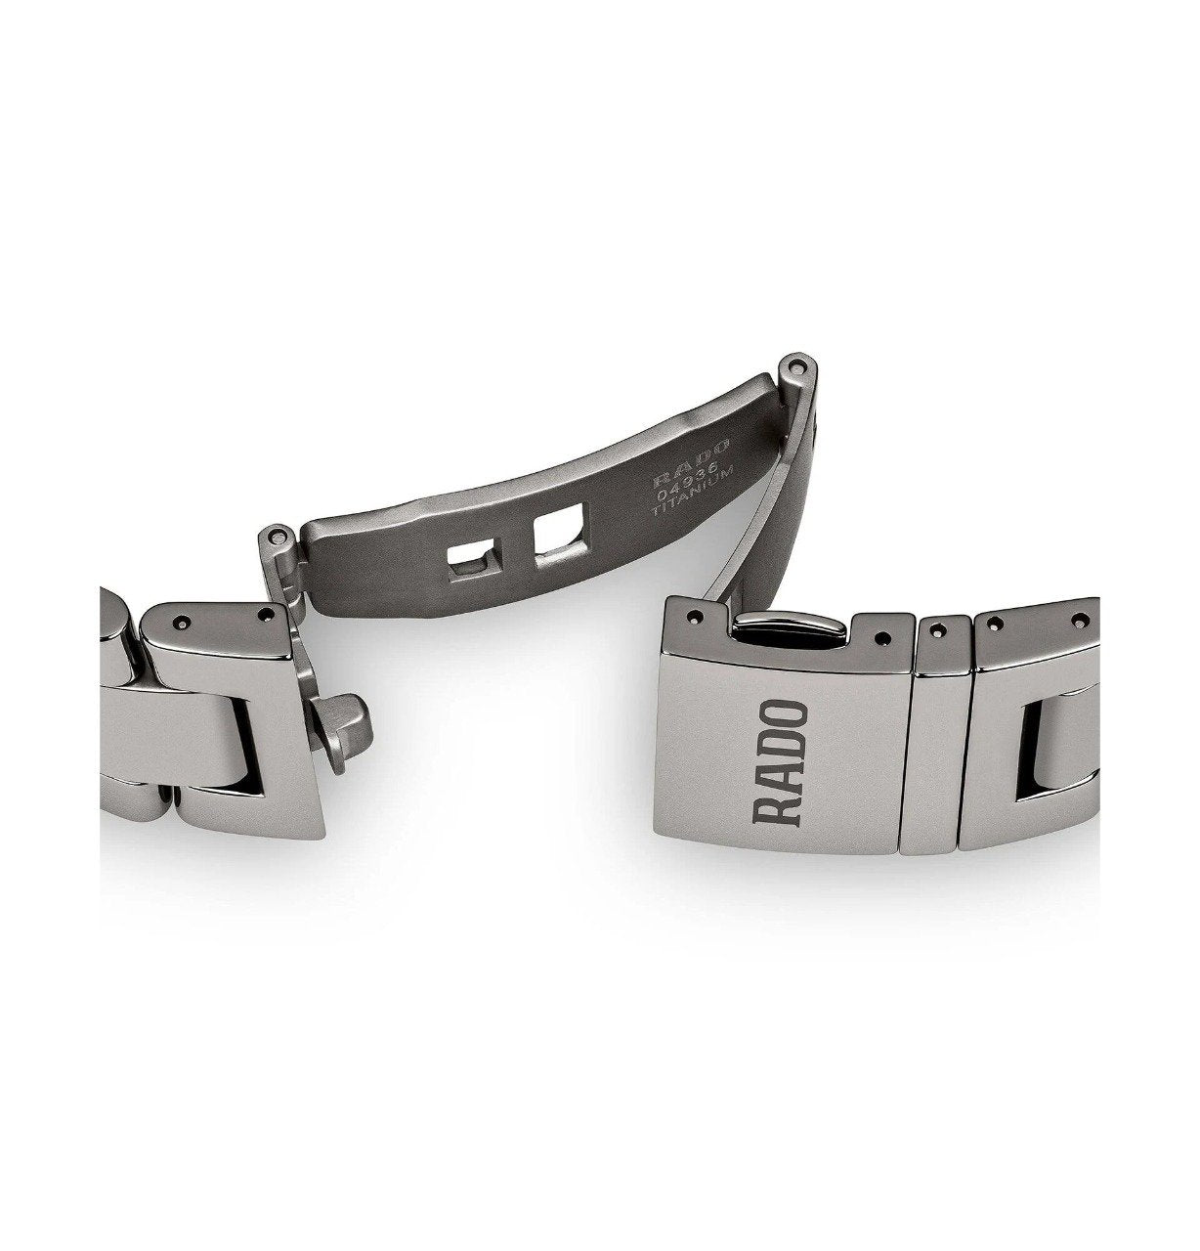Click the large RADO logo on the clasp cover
[780, 762]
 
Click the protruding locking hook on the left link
[344, 726]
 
